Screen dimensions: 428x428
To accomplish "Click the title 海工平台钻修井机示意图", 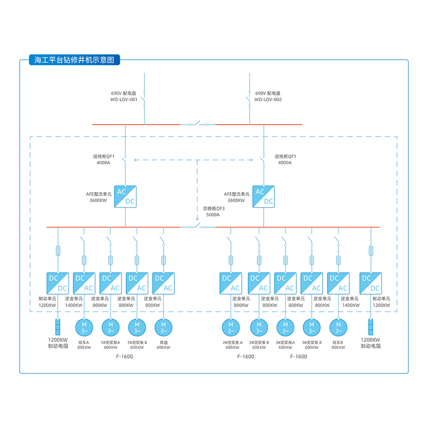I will click(x=74, y=60).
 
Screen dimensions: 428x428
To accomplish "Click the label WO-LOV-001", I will click(x=124, y=100).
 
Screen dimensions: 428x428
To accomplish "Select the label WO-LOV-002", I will click(x=268, y=100).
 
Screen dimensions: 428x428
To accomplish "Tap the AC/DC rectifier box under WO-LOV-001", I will click(x=125, y=196).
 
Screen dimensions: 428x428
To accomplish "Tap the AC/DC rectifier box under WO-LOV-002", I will click(x=264, y=196).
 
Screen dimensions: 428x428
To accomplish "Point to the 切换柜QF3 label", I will click(x=213, y=208).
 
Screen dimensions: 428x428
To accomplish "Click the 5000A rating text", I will click(x=213, y=215).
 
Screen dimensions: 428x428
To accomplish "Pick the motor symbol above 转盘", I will click(x=163, y=326).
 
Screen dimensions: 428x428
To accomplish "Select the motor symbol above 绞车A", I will click(x=84, y=326).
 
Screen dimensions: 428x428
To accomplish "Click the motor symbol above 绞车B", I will click(x=338, y=326).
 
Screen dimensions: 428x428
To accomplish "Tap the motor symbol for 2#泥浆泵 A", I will click(x=232, y=326).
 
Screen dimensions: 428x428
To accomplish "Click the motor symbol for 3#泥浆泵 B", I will click(x=312, y=326).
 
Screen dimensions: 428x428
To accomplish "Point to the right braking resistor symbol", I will click(x=371, y=327).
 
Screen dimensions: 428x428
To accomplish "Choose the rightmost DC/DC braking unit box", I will click(x=371, y=283).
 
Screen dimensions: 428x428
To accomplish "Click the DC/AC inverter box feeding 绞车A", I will click(x=84, y=283).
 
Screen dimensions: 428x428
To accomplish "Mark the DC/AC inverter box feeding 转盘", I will click(x=163, y=283).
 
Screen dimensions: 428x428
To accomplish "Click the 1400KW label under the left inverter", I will click(x=74, y=305).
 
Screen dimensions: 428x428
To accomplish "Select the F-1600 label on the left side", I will click(x=124, y=356).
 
